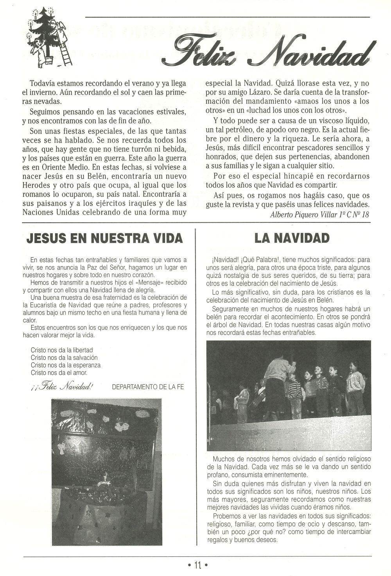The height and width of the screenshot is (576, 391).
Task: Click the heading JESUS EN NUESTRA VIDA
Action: [x=104, y=238]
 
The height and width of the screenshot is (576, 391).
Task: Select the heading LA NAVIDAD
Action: [x=292, y=238]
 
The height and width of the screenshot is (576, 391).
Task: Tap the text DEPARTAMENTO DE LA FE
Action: [x=148, y=387]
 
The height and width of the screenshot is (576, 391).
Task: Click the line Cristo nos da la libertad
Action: [x=62, y=350]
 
